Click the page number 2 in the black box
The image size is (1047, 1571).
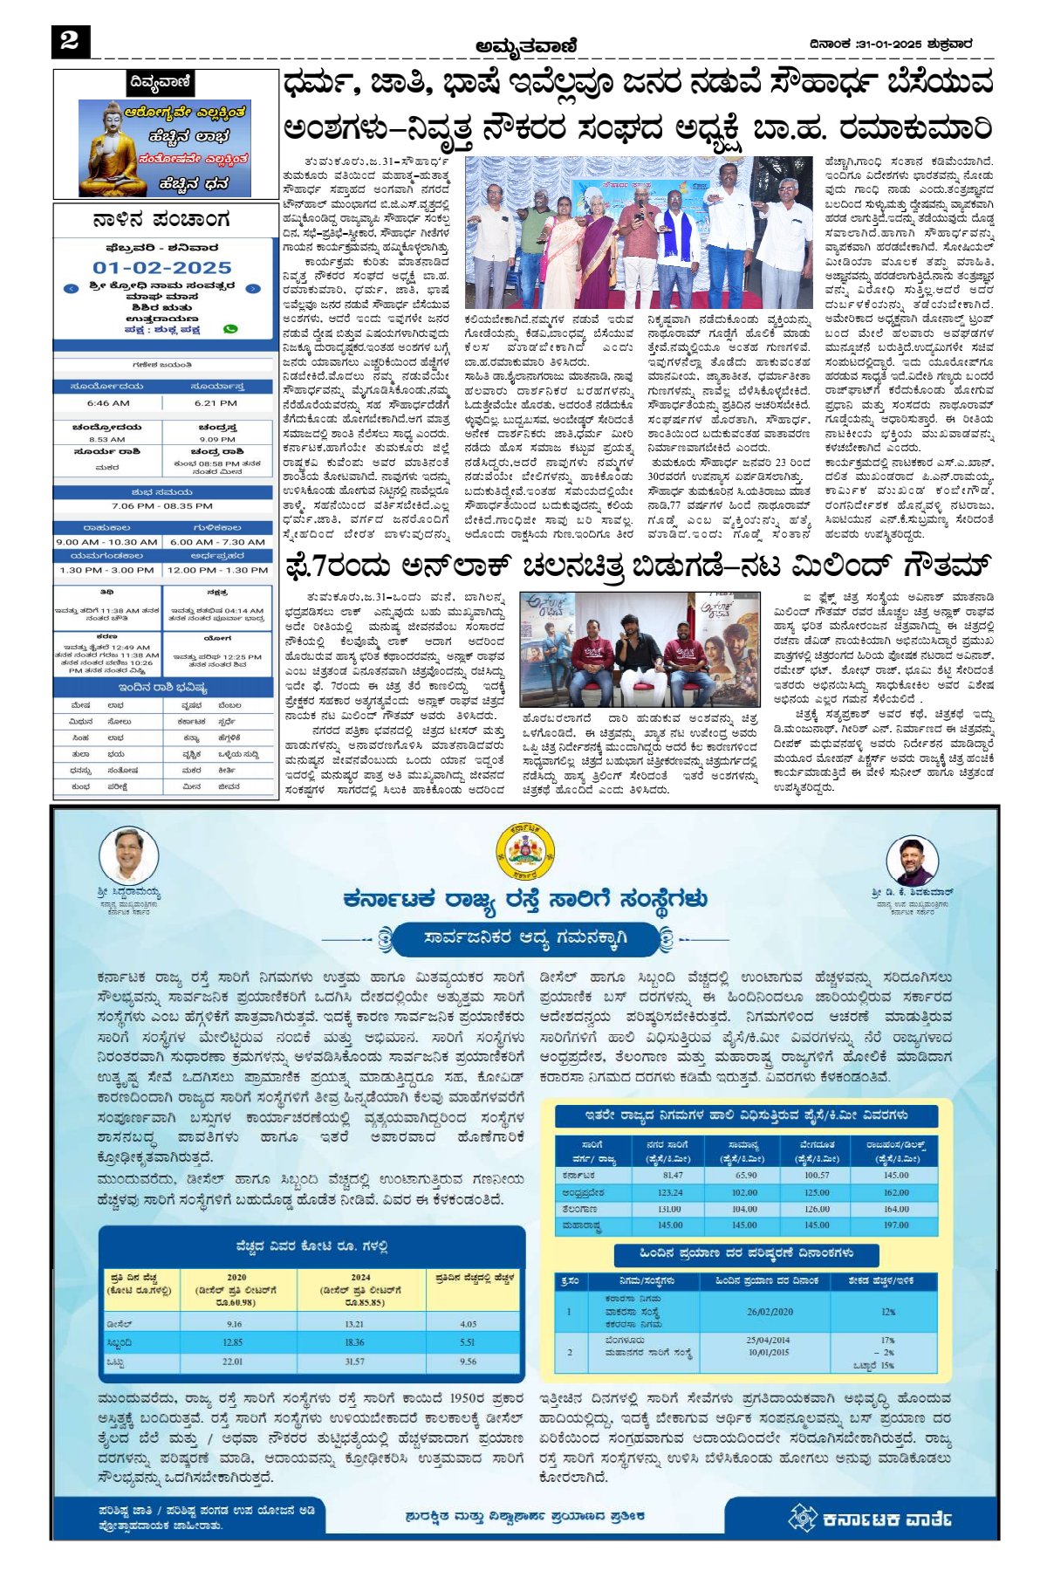70,40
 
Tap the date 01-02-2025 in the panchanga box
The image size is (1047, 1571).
162,268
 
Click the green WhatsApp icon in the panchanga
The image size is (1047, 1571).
230,329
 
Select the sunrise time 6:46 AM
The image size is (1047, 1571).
108,403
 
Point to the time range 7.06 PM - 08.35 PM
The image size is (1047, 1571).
162,506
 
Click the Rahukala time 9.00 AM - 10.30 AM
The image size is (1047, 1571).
106,542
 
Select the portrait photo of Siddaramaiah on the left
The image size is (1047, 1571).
128,855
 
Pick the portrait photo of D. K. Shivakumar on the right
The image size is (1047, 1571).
911,861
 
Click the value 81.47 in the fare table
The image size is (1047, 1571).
673,1176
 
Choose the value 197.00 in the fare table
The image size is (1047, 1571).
895,1225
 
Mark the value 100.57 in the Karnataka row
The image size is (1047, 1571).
817,1176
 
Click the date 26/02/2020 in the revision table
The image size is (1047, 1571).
770,1311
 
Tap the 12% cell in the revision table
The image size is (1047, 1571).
888,1311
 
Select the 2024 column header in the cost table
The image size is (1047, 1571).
360,1277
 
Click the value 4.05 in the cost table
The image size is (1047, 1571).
469,1324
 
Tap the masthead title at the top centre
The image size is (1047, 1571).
526,45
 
